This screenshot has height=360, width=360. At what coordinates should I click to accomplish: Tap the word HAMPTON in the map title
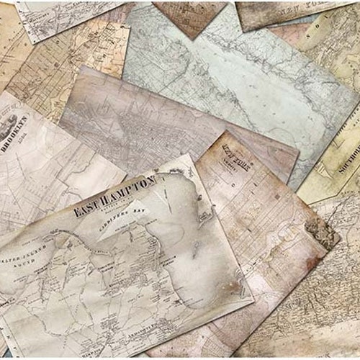click(x=131, y=190)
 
